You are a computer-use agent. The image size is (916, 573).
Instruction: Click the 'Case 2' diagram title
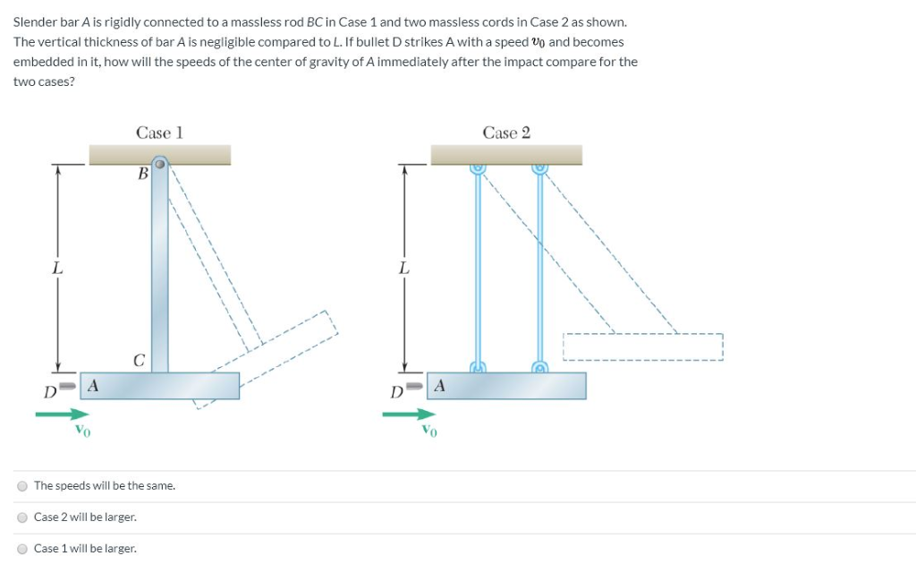click(x=506, y=133)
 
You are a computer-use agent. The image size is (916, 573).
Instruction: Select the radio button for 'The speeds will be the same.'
click(x=21, y=486)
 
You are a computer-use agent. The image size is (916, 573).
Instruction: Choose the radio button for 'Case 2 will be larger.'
click(x=21, y=517)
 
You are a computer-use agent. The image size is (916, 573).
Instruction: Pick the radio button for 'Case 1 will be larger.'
click(x=21, y=549)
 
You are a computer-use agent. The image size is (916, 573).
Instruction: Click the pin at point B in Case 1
click(x=159, y=164)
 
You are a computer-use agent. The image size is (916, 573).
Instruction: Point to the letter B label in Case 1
click(x=142, y=175)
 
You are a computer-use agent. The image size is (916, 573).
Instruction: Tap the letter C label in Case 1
click(x=139, y=361)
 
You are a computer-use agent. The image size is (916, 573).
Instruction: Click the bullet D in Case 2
click(x=417, y=388)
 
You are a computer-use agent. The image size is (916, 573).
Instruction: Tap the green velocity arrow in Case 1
click(x=63, y=414)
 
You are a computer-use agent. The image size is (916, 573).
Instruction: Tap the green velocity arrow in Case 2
click(x=409, y=414)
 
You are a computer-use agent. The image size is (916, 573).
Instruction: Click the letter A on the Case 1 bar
click(x=92, y=385)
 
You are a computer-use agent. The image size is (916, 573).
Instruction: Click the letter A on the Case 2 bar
click(x=439, y=385)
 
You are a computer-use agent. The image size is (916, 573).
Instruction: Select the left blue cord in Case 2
click(x=478, y=269)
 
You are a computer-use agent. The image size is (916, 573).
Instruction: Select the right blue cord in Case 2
click(x=540, y=269)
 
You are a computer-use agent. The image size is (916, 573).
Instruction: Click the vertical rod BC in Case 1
click(x=159, y=269)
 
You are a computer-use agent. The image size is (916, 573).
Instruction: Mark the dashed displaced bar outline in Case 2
click(x=641, y=346)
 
